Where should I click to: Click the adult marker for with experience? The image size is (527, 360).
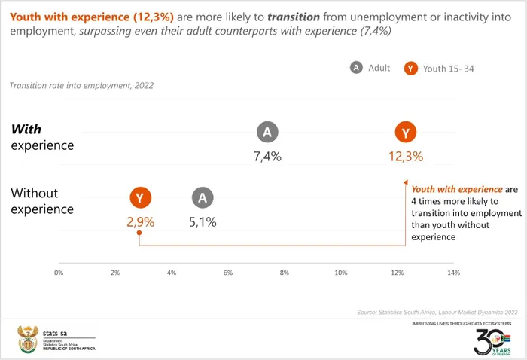pos(267,133)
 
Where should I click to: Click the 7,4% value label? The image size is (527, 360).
pos(267,157)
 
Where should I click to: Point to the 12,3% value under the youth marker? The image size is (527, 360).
pos(406,157)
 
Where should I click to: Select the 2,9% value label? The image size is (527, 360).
pos(139,222)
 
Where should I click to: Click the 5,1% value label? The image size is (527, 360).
pos(202,222)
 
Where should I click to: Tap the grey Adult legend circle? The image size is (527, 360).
pos(356,68)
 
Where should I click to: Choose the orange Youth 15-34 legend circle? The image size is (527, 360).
pos(410,69)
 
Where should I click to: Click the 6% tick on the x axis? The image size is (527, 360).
pos(228,272)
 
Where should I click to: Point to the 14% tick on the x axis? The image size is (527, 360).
pos(452,272)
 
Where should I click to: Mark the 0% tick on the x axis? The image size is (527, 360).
pos(59,272)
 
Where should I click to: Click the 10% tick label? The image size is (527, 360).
pos(340,272)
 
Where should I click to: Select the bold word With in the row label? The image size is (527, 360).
pos(26,129)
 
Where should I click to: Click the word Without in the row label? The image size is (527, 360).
pos(35,193)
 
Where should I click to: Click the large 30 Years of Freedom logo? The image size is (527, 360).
pos(492,340)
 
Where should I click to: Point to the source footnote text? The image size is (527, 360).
pos(437,312)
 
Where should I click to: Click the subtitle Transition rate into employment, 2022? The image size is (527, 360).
pos(81,86)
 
